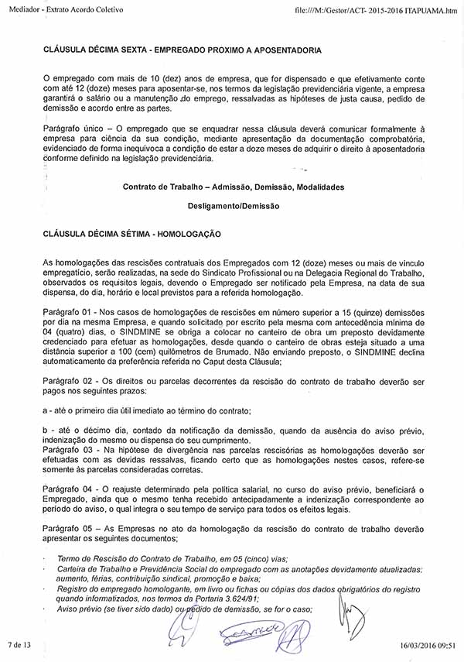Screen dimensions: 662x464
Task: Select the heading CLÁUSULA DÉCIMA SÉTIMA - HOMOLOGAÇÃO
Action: pyautogui.click(x=132, y=233)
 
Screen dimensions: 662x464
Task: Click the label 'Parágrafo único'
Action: pyautogui.click(x=70, y=127)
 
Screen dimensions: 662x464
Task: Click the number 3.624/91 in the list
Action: pyautogui.click(x=235, y=599)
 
